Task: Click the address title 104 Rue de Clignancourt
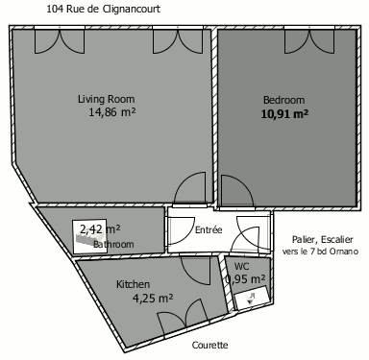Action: click(x=103, y=9)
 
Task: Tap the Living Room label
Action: click(x=107, y=99)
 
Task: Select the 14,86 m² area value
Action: click(x=112, y=112)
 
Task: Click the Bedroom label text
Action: click(x=283, y=100)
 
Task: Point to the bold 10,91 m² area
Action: click(x=284, y=114)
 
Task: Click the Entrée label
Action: click(x=209, y=229)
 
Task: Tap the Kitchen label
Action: click(x=133, y=284)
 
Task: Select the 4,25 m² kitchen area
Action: click(x=153, y=299)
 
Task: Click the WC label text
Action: click(x=241, y=266)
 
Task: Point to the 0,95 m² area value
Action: click(x=246, y=279)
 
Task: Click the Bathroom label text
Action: click(x=113, y=244)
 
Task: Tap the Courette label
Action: click(x=210, y=345)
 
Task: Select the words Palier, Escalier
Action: click(x=323, y=239)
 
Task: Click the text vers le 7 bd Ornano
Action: click(x=320, y=252)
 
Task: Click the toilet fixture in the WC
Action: click(x=252, y=299)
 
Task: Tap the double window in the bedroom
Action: click(x=309, y=41)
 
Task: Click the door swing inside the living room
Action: click(x=190, y=188)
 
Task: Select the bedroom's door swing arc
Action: click(x=237, y=191)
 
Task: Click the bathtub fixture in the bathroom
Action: click(x=89, y=237)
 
